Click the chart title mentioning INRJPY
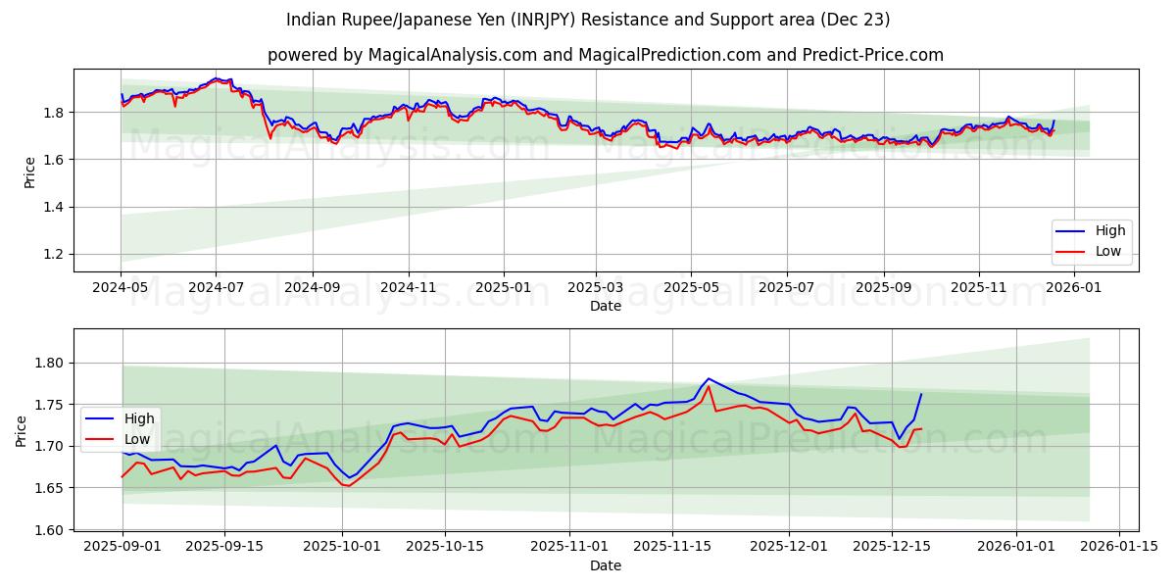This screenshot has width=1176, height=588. click(588, 20)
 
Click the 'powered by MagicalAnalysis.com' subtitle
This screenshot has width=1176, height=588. click(605, 55)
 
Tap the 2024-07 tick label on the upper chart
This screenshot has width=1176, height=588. click(216, 289)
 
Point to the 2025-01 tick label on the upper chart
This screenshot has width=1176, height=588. click(503, 289)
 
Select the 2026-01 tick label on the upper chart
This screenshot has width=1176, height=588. click(1075, 289)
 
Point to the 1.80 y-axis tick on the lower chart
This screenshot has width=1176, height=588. click(48, 363)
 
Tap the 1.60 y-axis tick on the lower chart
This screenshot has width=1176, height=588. click(48, 530)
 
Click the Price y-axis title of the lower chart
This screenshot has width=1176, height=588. click(22, 430)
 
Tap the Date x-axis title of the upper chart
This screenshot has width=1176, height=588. click(606, 306)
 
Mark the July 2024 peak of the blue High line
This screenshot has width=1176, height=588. click(216, 78)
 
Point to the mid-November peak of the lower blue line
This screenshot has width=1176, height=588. click(708, 378)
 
